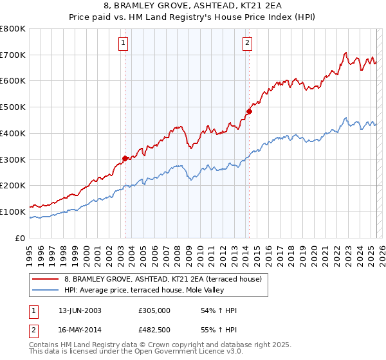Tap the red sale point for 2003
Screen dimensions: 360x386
pyautogui.click(x=125, y=157)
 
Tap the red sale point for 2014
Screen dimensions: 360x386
pyautogui.click(x=249, y=111)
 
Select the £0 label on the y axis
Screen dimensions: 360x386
pyautogui.click(x=21, y=238)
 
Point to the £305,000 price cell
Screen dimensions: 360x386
pyautogui.click(x=154, y=310)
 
